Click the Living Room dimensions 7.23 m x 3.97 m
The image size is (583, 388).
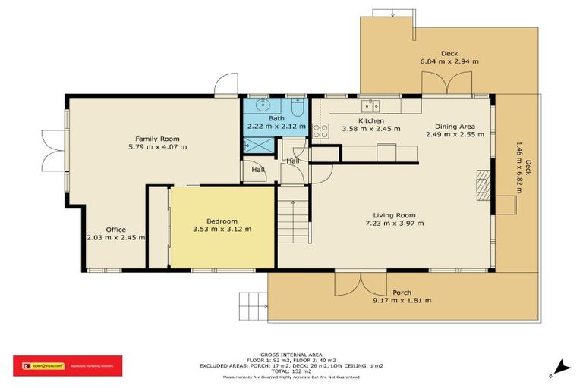coord(393,224)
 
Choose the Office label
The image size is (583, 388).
coord(115,230)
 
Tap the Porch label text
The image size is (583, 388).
coord(402,293)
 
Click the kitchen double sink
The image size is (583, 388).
coord(370,105)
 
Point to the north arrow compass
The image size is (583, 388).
coord(560,368)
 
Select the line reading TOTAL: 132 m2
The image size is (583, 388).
coord(291,371)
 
